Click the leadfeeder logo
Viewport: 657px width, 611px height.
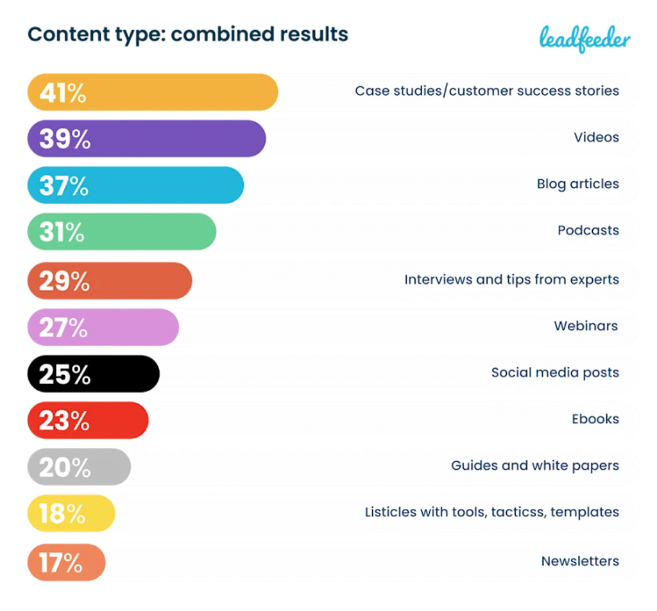point(584,39)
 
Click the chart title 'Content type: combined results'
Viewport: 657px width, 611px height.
point(188,34)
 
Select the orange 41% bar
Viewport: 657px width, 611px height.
point(152,92)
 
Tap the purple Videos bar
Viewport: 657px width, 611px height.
point(146,138)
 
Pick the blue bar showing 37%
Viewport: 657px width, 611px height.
point(135,185)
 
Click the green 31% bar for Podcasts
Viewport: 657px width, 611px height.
point(121,231)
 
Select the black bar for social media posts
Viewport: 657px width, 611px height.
point(93,374)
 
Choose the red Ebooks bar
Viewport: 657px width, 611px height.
point(88,420)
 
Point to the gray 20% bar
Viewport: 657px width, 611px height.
point(79,467)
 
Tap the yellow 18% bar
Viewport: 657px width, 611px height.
point(71,513)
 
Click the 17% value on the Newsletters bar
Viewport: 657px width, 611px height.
point(61,562)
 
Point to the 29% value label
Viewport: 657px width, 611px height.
point(64,281)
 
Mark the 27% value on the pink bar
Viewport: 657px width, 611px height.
point(64,328)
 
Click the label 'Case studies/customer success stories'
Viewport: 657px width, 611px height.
point(487,91)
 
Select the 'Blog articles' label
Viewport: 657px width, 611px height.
point(577,184)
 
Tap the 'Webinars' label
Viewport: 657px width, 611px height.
point(586,326)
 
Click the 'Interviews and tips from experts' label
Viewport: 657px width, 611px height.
point(511,279)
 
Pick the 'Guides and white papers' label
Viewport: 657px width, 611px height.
point(535,466)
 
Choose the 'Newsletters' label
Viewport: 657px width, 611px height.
point(580,561)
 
